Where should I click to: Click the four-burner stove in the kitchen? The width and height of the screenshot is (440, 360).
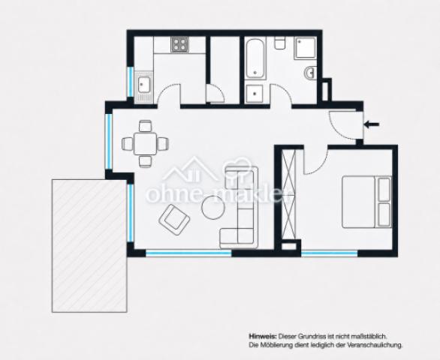(x=180, y=44)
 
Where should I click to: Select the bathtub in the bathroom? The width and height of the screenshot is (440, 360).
(x=255, y=58)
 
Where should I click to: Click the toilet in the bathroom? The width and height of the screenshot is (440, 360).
(x=280, y=43)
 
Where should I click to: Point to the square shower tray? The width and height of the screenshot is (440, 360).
(x=306, y=47)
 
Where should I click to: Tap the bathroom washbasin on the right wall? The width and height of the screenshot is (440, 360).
(x=310, y=73)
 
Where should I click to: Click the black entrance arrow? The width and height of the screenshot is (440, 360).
(x=372, y=124)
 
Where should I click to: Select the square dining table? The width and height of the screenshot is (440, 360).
(x=146, y=143)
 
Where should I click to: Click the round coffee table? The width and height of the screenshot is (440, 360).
(x=213, y=207)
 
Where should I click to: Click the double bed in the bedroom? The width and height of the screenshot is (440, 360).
(x=366, y=202)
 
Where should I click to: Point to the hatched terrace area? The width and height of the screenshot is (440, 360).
(x=89, y=246)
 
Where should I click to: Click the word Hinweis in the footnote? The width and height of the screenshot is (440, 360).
(x=263, y=336)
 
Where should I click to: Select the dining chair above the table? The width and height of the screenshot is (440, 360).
(x=146, y=126)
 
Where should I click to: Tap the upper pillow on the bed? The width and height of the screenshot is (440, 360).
(x=384, y=189)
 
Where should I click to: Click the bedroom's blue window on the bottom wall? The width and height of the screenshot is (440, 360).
(x=330, y=254)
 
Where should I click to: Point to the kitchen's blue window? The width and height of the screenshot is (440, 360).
(x=130, y=82)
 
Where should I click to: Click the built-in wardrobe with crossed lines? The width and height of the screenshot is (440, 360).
(x=289, y=194)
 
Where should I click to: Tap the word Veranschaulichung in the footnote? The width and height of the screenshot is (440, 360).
(x=375, y=345)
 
